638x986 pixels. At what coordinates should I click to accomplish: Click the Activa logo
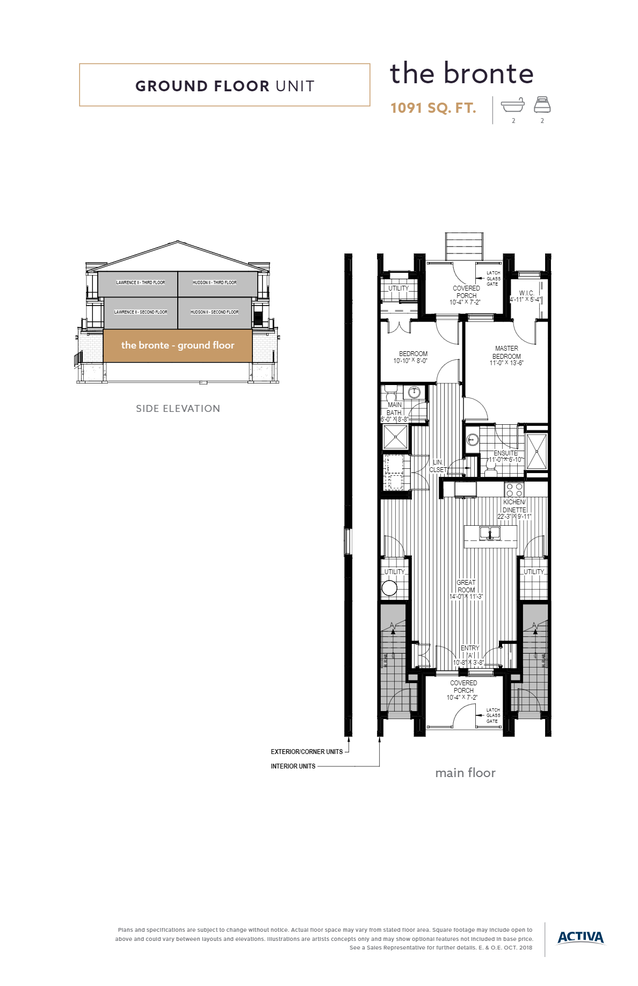coord(581,937)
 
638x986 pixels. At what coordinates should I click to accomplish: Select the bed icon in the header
coord(542,105)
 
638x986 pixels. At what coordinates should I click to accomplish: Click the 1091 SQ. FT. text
coord(433,108)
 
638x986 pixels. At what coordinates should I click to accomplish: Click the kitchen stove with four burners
coord(514,490)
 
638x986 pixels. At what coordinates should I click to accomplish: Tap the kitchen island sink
coord(490,533)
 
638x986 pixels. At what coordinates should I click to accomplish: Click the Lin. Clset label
coord(438,466)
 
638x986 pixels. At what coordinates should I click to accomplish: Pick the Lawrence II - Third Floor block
coord(138,284)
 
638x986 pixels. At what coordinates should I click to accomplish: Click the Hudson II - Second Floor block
coord(215,313)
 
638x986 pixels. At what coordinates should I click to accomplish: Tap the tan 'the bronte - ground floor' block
coord(178,345)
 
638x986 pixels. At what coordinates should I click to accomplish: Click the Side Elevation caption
coord(178,409)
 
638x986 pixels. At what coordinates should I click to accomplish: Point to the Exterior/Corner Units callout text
coord(307,752)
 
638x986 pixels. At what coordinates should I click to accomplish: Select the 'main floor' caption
coord(465,773)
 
